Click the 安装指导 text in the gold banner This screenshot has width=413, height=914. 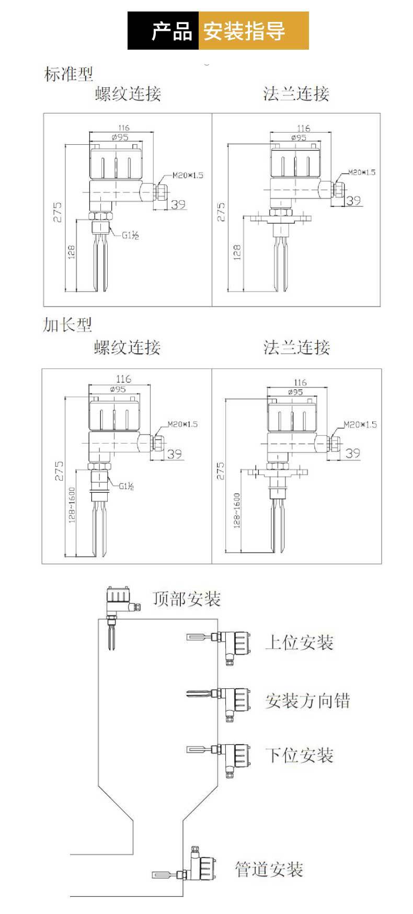point(244,31)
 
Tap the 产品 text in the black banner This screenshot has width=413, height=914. point(171,31)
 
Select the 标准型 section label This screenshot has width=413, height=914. point(68,74)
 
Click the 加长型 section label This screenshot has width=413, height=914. point(67,325)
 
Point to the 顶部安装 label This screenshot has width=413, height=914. point(187,599)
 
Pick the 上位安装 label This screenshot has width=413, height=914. point(299,642)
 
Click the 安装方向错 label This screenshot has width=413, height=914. point(307,700)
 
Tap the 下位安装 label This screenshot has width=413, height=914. point(300,755)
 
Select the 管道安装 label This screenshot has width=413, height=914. point(269,869)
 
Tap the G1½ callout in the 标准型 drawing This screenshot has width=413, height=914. point(130,236)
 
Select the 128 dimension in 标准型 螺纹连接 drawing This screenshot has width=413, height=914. point(72,251)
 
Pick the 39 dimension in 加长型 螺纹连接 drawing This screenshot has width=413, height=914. point(175,454)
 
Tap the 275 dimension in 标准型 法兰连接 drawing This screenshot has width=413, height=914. point(221,212)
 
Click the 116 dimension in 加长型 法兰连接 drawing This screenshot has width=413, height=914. point(300,383)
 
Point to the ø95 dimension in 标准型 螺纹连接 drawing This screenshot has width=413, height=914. point(121,137)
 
